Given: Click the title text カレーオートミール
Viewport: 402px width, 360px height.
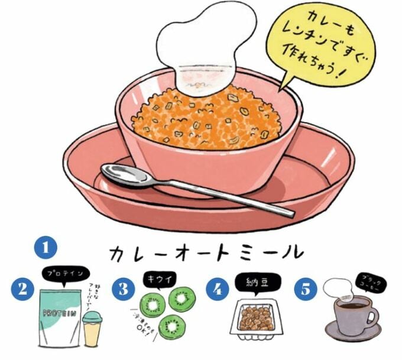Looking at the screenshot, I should tap(204, 252).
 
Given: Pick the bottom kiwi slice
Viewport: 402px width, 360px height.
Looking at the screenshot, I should tap(172, 326).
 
